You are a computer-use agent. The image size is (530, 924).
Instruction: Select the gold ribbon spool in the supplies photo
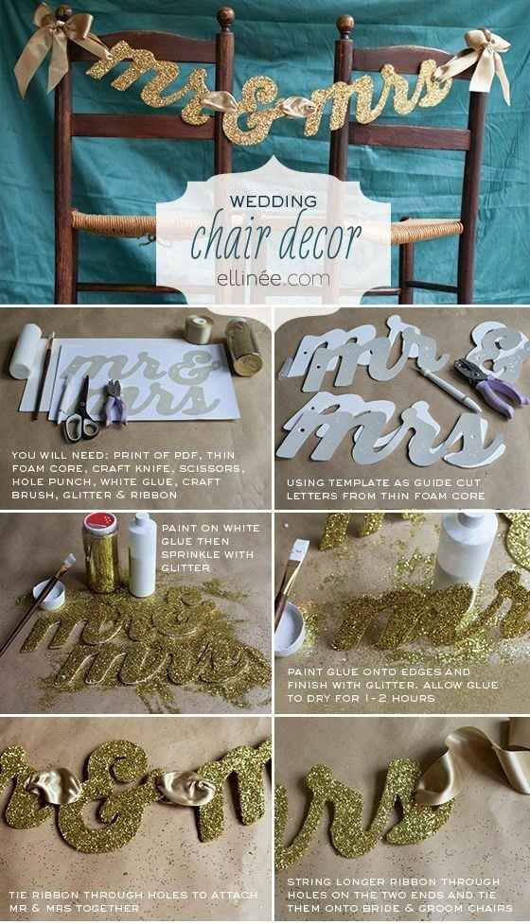click(199, 329)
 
